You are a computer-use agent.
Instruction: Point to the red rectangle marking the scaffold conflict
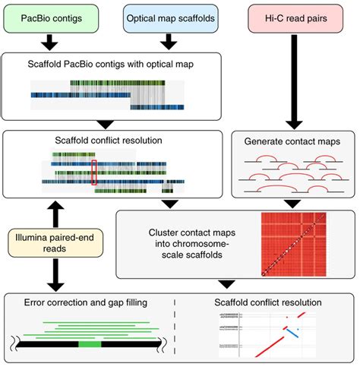(x=94, y=172)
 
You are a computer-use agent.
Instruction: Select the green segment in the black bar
(x=90, y=343)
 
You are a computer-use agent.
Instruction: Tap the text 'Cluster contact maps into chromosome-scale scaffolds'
(x=187, y=242)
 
